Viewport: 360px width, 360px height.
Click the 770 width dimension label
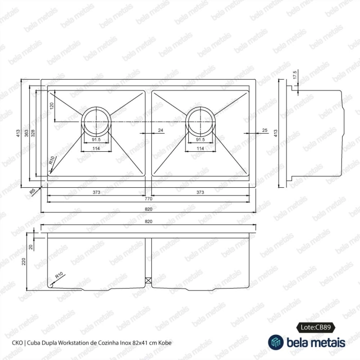(148, 199)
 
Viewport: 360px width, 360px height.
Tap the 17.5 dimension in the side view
(295, 75)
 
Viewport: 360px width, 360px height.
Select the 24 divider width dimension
(160, 130)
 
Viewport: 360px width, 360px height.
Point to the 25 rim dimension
(265, 130)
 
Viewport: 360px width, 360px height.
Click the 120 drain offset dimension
(51, 105)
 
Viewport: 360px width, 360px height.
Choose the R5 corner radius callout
(32, 191)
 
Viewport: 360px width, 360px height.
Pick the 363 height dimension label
(27, 133)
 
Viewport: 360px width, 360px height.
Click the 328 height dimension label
(33, 133)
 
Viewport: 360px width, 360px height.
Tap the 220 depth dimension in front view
(24, 261)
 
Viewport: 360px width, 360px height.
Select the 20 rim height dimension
(31, 247)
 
